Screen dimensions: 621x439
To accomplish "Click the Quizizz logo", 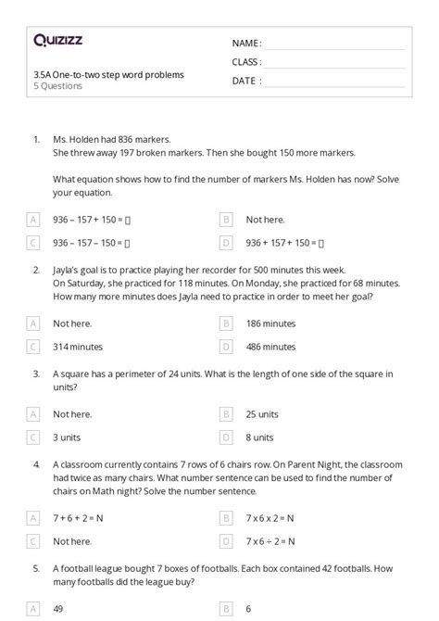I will [x=59, y=41].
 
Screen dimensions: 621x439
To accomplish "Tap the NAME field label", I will [x=246, y=44].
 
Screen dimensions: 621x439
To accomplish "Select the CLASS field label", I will [x=247, y=62].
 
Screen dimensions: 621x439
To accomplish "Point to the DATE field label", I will [x=245, y=81].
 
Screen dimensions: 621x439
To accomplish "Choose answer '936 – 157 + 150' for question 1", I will [x=92, y=220].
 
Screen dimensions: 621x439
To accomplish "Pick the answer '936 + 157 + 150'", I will [x=284, y=243].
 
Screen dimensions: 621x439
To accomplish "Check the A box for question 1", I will [x=33, y=220].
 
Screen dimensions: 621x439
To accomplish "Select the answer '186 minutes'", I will [x=270, y=323].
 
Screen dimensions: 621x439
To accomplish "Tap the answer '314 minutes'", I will [x=78, y=347].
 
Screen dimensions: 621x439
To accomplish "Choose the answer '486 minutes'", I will [x=270, y=347].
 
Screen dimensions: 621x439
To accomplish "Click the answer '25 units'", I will [x=262, y=414].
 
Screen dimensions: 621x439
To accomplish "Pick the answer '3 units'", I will [x=69, y=437].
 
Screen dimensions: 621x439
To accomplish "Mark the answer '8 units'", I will [x=259, y=437].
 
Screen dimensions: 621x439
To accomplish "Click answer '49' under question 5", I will [x=58, y=609].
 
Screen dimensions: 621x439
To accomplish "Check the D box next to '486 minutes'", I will [x=226, y=347].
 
